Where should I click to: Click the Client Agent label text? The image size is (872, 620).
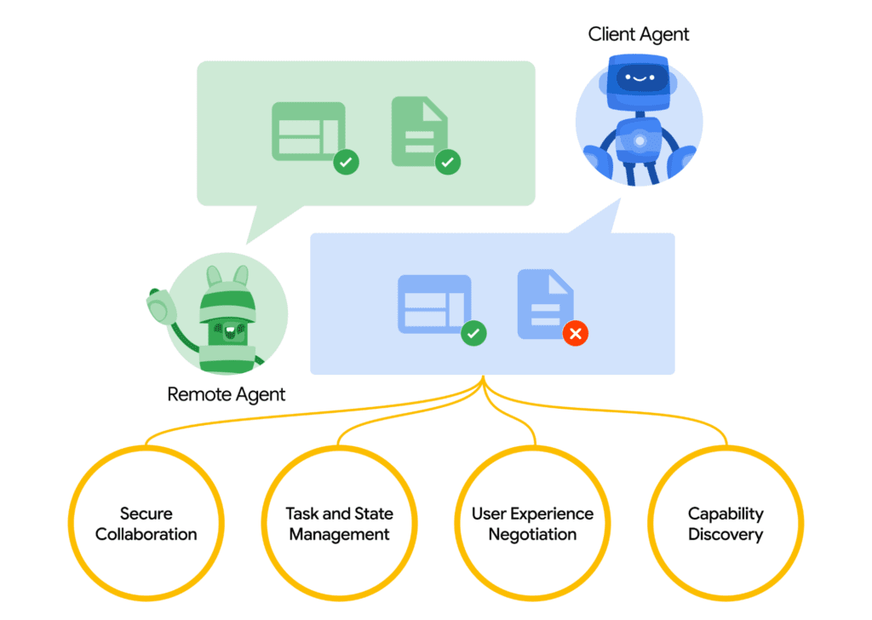coord(639,35)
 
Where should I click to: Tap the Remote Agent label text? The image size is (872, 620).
coord(226,394)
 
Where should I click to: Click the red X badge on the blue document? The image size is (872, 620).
coord(576,334)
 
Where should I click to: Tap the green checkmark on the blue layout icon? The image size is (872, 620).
coord(473,334)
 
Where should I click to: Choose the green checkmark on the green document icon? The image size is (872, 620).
coord(448,161)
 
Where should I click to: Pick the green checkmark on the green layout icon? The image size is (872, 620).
coord(345,160)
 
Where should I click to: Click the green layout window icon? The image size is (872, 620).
coord(307,131)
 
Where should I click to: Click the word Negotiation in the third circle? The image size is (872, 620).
coord(533,535)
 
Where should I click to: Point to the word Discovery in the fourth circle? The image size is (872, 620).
coord(726,535)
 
